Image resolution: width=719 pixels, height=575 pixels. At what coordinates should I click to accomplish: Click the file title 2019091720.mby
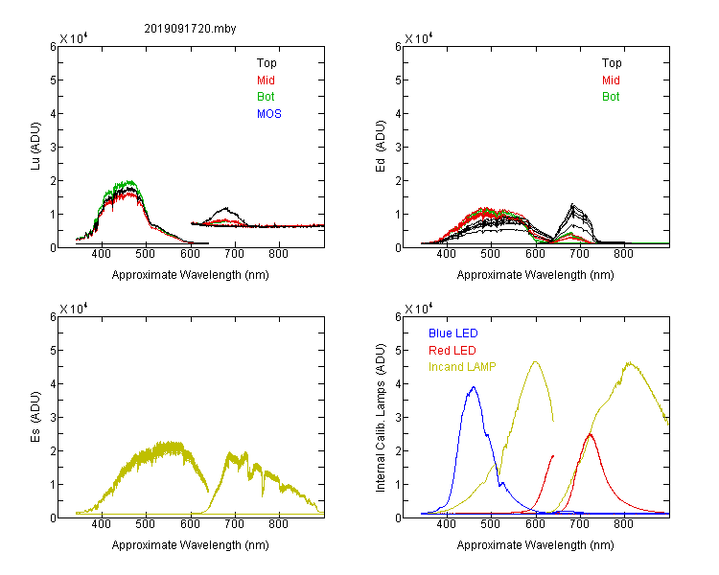[190, 29]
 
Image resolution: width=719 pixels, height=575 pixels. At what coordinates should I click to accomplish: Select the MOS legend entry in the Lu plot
[269, 114]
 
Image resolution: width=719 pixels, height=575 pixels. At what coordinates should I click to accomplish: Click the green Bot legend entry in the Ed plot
[611, 97]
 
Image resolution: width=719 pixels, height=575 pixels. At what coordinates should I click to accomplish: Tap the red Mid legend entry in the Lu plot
[266, 80]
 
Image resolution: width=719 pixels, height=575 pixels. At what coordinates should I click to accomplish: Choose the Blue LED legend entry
[453, 333]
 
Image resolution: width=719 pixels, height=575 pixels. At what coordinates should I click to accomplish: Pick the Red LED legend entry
[452, 351]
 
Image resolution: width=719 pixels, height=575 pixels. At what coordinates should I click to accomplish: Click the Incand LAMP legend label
[462, 367]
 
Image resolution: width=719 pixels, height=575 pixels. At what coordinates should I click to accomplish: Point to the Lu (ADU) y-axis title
[35, 146]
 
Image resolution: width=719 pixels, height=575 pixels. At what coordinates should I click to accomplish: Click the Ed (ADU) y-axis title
[381, 146]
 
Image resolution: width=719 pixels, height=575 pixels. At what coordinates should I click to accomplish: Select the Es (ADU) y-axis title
[35, 416]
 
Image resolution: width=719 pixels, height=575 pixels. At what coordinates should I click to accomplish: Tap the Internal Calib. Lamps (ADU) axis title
[381, 418]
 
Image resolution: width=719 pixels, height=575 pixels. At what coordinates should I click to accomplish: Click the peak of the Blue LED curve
[474, 387]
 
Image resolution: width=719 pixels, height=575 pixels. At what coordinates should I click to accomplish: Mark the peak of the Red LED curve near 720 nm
[591, 434]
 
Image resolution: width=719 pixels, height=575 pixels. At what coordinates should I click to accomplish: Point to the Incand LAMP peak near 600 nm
[535, 362]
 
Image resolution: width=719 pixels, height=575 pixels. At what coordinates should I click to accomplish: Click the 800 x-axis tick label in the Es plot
[278, 524]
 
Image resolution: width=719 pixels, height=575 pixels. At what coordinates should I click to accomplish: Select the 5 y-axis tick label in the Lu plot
[53, 80]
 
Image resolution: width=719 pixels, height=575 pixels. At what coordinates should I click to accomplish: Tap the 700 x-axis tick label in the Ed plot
[579, 254]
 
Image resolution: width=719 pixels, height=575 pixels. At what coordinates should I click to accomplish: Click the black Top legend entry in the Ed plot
[612, 63]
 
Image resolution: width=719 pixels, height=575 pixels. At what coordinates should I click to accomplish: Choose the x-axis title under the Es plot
[191, 545]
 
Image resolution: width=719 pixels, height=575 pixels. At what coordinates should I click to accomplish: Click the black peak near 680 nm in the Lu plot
[225, 209]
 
